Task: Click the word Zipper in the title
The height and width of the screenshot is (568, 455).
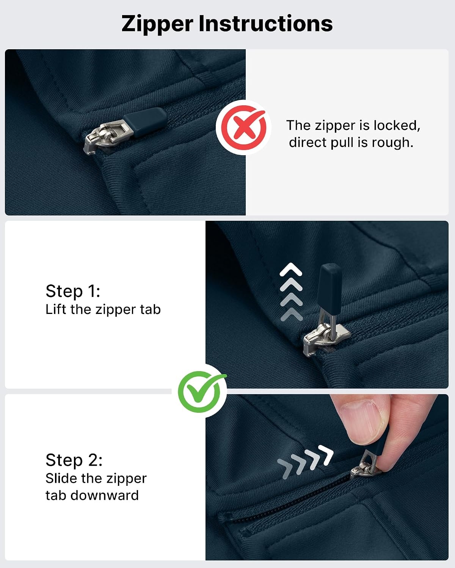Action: pyautogui.click(x=157, y=24)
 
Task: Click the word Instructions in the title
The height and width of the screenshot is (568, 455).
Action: pyautogui.click(x=265, y=23)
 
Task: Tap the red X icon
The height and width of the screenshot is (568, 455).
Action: pyautogui.click(x=243, y=127)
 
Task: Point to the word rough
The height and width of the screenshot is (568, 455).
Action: pyautogui.click(x=392, y=143)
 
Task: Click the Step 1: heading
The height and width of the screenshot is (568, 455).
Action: pyautogui.click(x=73, y=291)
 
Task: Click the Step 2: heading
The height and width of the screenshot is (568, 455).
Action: pyautogui.click(x=74, y=460)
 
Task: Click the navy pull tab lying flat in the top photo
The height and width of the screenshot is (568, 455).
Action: pyautogui.click(x=145, y=122)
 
